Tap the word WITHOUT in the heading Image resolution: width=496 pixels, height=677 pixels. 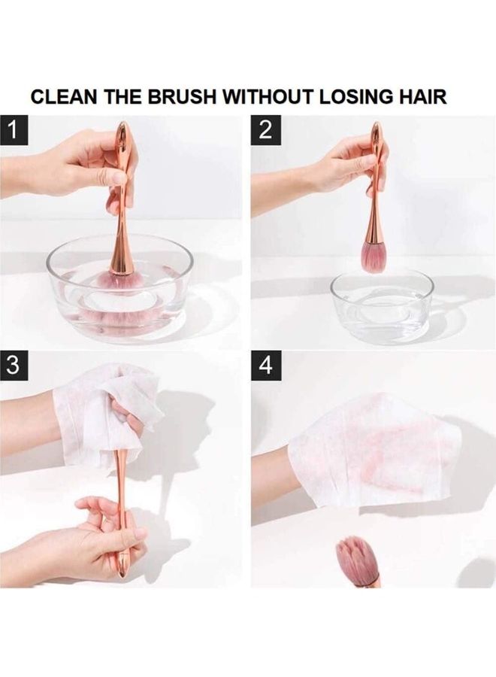point(268,96)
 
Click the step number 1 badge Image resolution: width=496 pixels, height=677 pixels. point(14,130)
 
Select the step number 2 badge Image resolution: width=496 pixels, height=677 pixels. point(266,130)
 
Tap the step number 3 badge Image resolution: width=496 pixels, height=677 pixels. point(14,366)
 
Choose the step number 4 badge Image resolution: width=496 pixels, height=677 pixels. point(266,366)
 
